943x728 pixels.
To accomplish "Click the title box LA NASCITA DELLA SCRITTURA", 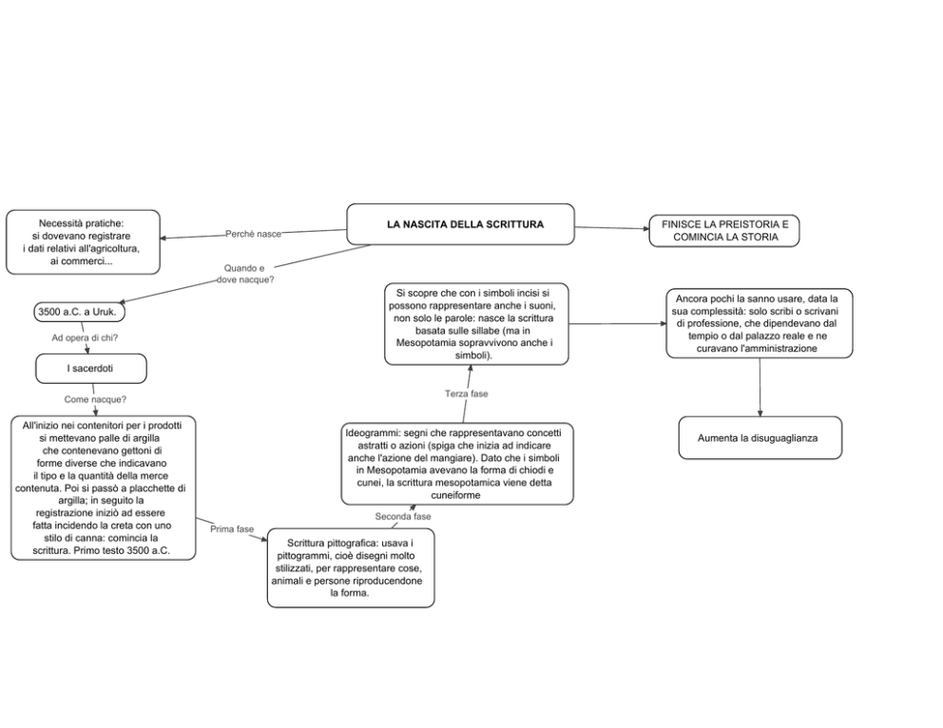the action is click(460, 224).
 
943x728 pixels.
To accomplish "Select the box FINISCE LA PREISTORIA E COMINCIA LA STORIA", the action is click(724, 231).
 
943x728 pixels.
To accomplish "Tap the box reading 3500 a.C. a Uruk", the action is click(79, 312).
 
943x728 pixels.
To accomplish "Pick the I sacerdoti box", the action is click(91, 369).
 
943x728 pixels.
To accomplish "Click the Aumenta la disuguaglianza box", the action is click(760, 437).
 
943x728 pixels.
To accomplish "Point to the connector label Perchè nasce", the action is click(253, 234).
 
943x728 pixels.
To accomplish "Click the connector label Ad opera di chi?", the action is click(85, 337).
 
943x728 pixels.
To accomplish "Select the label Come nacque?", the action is click(95, 399).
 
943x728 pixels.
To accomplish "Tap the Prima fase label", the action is click(232, 529).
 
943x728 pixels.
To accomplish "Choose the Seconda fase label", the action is click(403, 516).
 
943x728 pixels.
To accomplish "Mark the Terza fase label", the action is click(467, 393).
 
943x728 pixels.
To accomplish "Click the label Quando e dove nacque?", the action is click(245, 274).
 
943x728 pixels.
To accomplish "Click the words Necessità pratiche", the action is click(81, 223).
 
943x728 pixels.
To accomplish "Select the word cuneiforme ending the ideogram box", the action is click(456, 495).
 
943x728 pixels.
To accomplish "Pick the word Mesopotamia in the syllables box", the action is click(424, 343).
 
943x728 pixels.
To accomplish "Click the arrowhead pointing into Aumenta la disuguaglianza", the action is click(760, 413).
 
